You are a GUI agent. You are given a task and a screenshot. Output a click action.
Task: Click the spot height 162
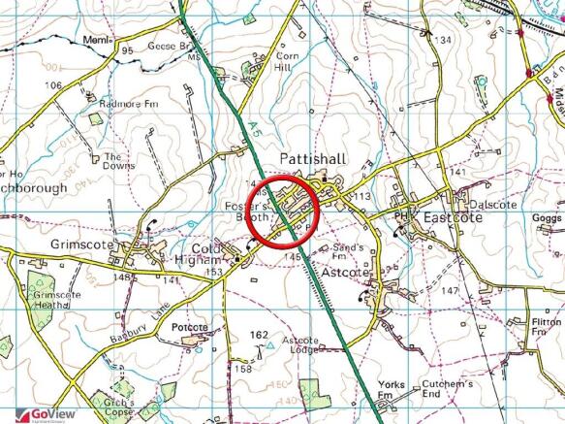click(x=258, y=335)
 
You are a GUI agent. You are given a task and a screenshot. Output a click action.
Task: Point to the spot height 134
click(x=444, y=40)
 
